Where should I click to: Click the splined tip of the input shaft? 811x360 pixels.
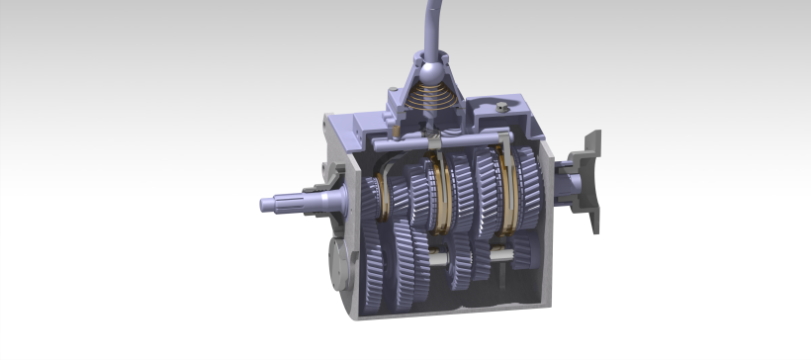(x=272, y=204)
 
